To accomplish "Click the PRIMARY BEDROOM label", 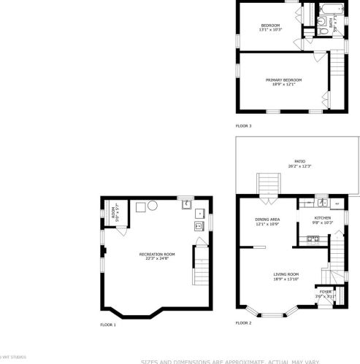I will [x=283, y=80].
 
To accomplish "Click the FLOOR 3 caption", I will [x=243, y=125].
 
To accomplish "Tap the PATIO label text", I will [x=299, y=161].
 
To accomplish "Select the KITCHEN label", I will [x=323, y=217].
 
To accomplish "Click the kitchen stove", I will [x=337, y=202].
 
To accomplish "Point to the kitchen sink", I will [x=321, y=202].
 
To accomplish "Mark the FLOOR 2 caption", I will [x=243, y=322].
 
